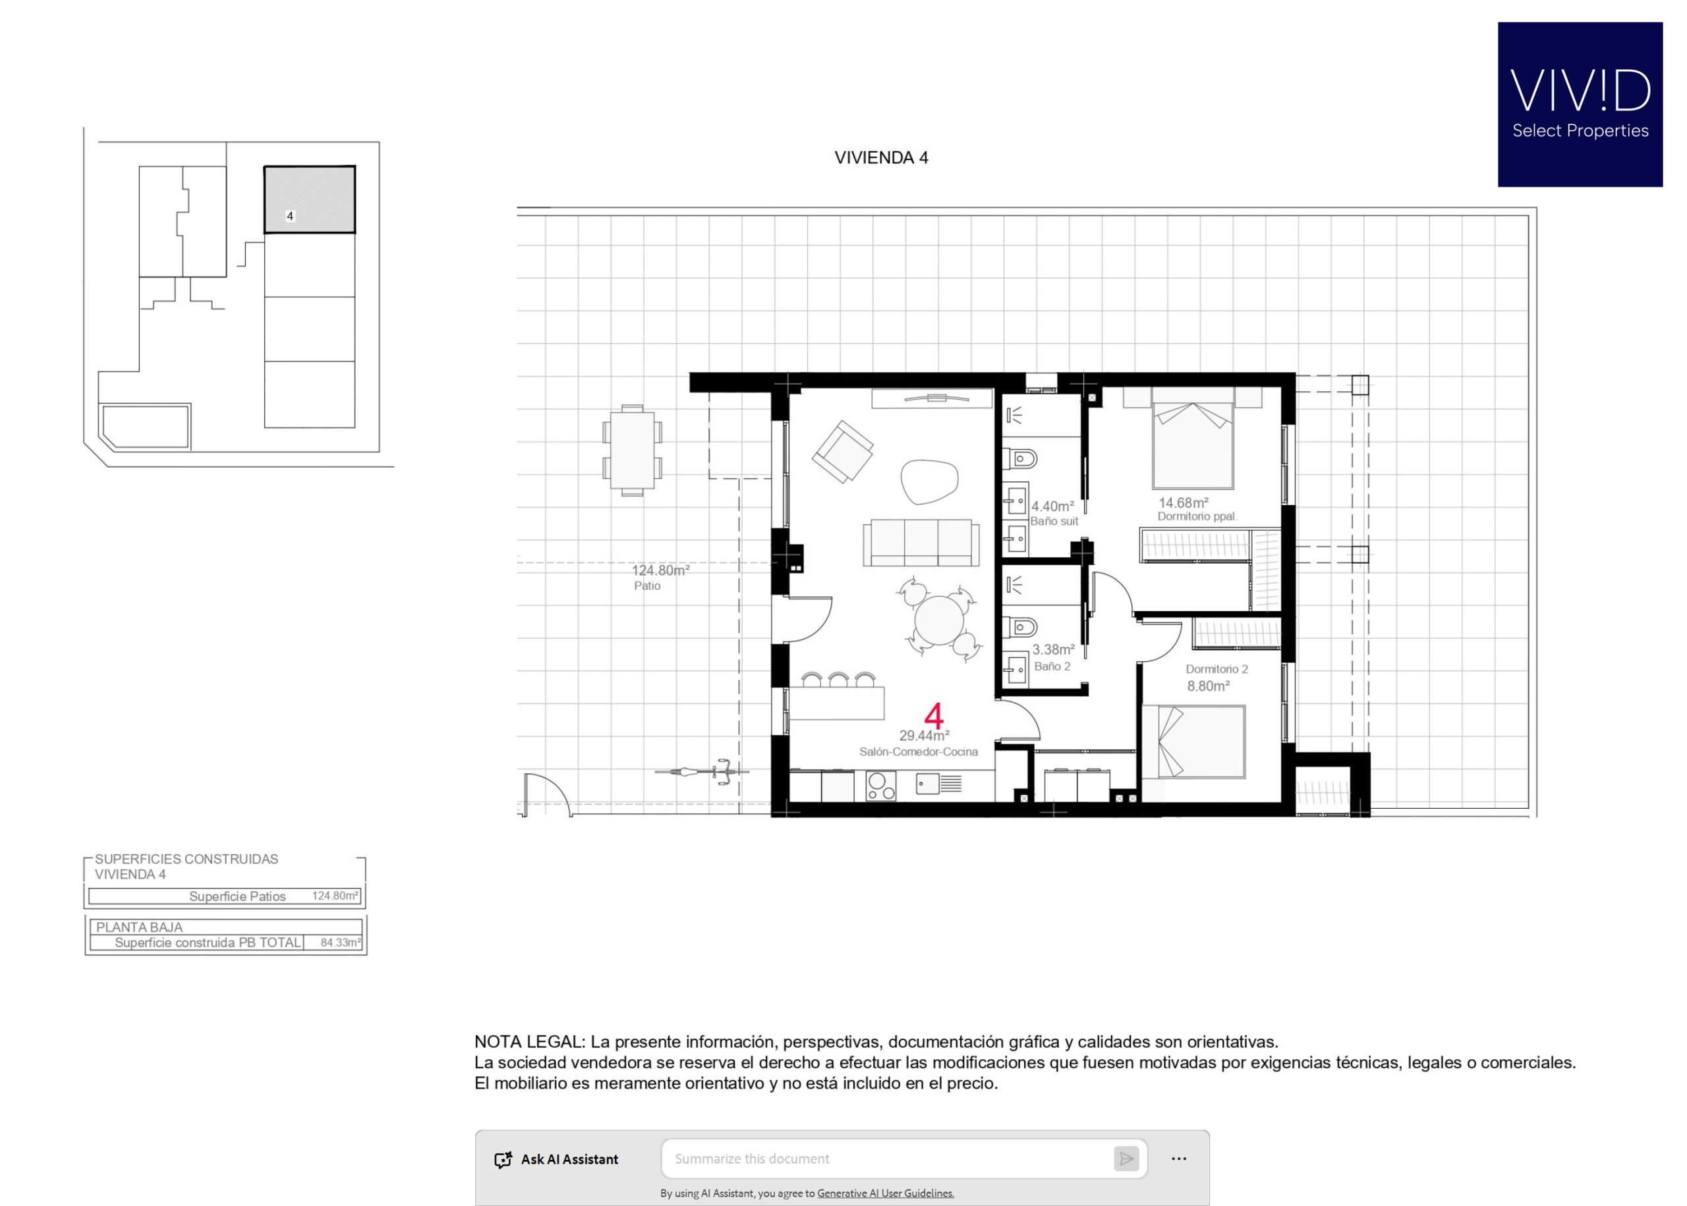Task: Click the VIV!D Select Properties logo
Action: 1580,104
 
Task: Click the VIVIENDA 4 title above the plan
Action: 881,157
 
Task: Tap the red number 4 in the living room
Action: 934,716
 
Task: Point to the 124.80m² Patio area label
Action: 660,577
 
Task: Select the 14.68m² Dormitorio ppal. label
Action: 1197,509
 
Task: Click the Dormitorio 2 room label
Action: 1216,669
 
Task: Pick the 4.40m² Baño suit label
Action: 1053,513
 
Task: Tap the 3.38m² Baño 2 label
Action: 1053,657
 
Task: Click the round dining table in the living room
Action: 939,620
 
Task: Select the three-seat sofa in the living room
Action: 921,543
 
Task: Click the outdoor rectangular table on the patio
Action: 632,450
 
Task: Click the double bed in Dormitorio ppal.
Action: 1192,445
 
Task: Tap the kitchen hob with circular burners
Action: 880,786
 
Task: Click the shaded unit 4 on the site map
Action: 310,200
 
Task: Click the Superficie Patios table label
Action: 237,896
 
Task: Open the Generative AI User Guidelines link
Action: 886,1193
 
